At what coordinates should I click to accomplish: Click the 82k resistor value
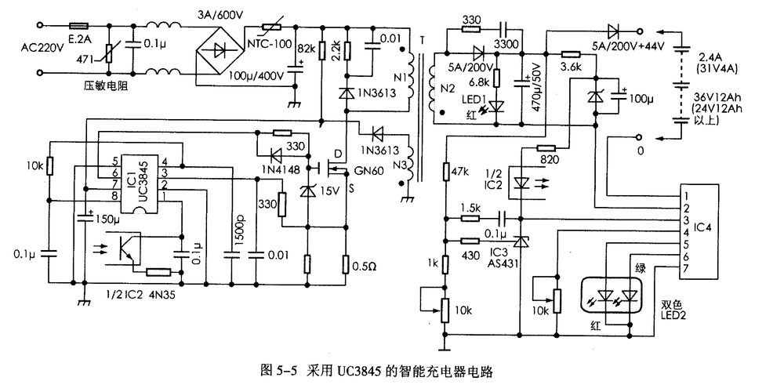306,48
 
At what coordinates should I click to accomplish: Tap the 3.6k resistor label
570,67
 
